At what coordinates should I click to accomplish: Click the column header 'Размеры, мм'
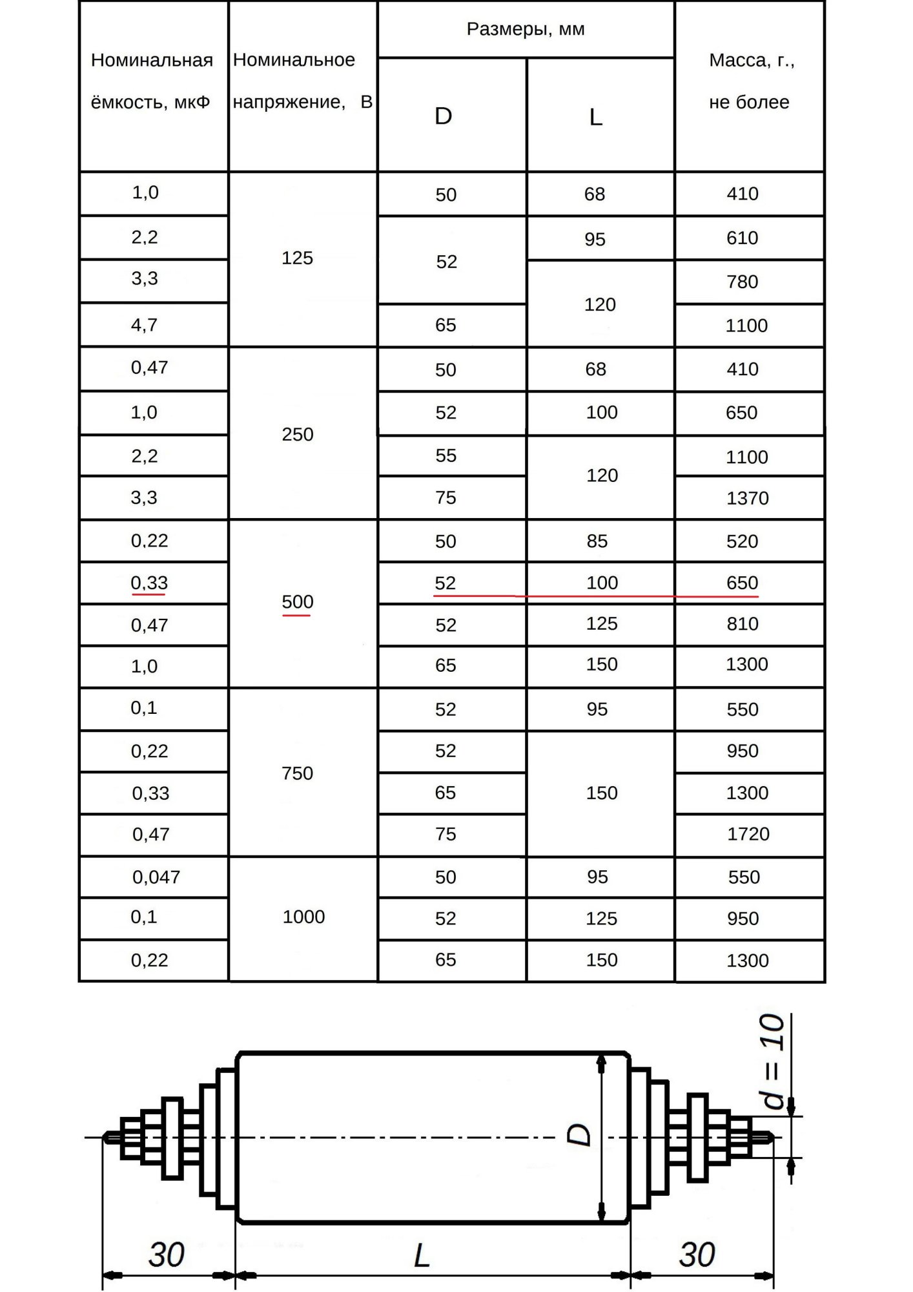(x=526, y=30)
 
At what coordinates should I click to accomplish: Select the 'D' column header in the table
(x=444, y=116)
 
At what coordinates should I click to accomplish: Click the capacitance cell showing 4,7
(x=144, y=325)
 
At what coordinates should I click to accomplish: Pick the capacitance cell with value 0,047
(x=156, y=877)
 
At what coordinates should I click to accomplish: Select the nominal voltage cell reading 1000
(x=303, y=917)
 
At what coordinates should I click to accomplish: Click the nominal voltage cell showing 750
(x=297, y=773)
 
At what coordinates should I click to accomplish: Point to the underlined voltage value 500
(x=297, y=602)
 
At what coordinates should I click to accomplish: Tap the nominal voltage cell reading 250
(x=297, y=434)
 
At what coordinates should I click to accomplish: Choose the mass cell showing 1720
(x=748, y=834)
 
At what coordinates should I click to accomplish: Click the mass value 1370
(x=748, y=498)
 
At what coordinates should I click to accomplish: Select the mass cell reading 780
(x=743, y=282)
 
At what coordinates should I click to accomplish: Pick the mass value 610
(x=743, y=238)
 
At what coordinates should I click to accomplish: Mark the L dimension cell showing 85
(x=597, y=541)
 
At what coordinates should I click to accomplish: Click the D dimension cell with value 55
(x=446, y=455)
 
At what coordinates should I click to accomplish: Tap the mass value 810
(x=743, y=624)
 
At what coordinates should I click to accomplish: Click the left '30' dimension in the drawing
(x=167, y=1255)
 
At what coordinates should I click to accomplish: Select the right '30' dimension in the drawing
(x=697, y=1255)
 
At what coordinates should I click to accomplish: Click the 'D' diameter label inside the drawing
(x=579, y=1134)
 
